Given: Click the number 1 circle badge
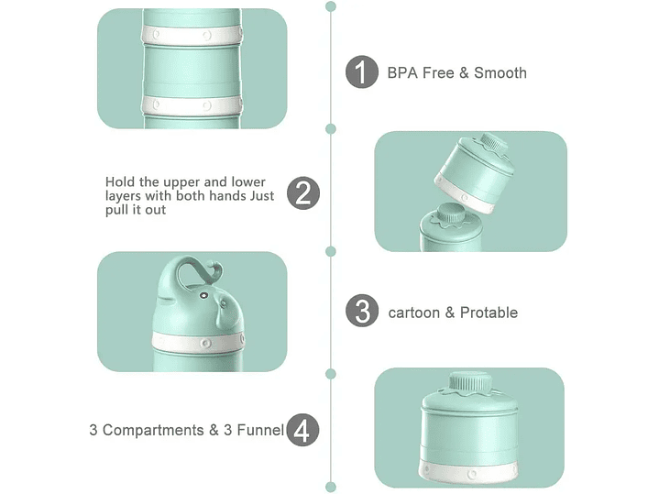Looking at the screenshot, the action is pyautogui.click(x=362, y=71).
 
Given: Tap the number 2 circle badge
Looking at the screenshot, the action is pyautogui.click(x=303, y=193).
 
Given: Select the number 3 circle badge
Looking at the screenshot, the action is pyautogui.click(x=362, y=311).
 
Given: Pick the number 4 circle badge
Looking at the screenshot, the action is pyautogui.click(x=302, y=430).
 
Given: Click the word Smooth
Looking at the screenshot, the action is pyautogui.click(x=500, y=72).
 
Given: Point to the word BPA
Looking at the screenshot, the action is pyautogui.click(x=402, y=72).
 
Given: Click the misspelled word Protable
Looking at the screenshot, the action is pyautogui.click(x=489, y=313).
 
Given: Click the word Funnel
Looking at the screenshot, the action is pyautogui.click(x=260, y=430).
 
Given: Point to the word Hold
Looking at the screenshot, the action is pyautogui.click(x=120, y=182).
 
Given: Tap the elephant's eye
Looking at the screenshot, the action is pyautogui.click(x=203, y=296).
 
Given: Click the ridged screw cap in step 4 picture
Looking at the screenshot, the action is pyautogui.click(x=470, y=382).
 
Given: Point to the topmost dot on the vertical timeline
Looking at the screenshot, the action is pyautogui.click(x=331, y=6).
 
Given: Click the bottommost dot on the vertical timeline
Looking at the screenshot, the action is pyautogui.click(x=331, y=488).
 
